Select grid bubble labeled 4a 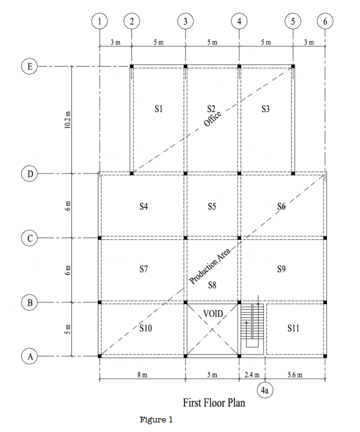[x=265, y=391]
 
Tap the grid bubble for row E [x=29, y=66]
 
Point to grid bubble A [x=29, y=356]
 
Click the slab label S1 [x=158, y=109]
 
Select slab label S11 [x=293, y=328]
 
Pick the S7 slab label [x=143, y=269]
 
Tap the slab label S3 [x=266, y=109]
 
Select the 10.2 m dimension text [x=68, y=121]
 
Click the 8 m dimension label [x=142, y=374]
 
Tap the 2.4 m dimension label [x=251, y=374]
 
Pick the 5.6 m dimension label [x=295, y=374]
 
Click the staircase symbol [x=252, y=328]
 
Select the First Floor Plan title [x=214, y=403]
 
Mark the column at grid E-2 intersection [x=131, y=66]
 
